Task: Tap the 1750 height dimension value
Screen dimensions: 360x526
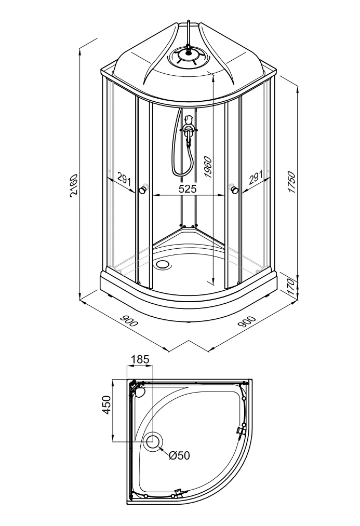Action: pyautogui.click(x=291, y=182)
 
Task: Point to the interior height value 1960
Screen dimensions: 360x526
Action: pyautogui.click(x=208, y=167)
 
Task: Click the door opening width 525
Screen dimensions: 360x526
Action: pyautogui.click(x=187, y=188)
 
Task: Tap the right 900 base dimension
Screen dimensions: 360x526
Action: pyautogui.click(x=247, y=321)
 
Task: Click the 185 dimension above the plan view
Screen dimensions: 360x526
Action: pyautogui.click(x=140, y=359)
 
